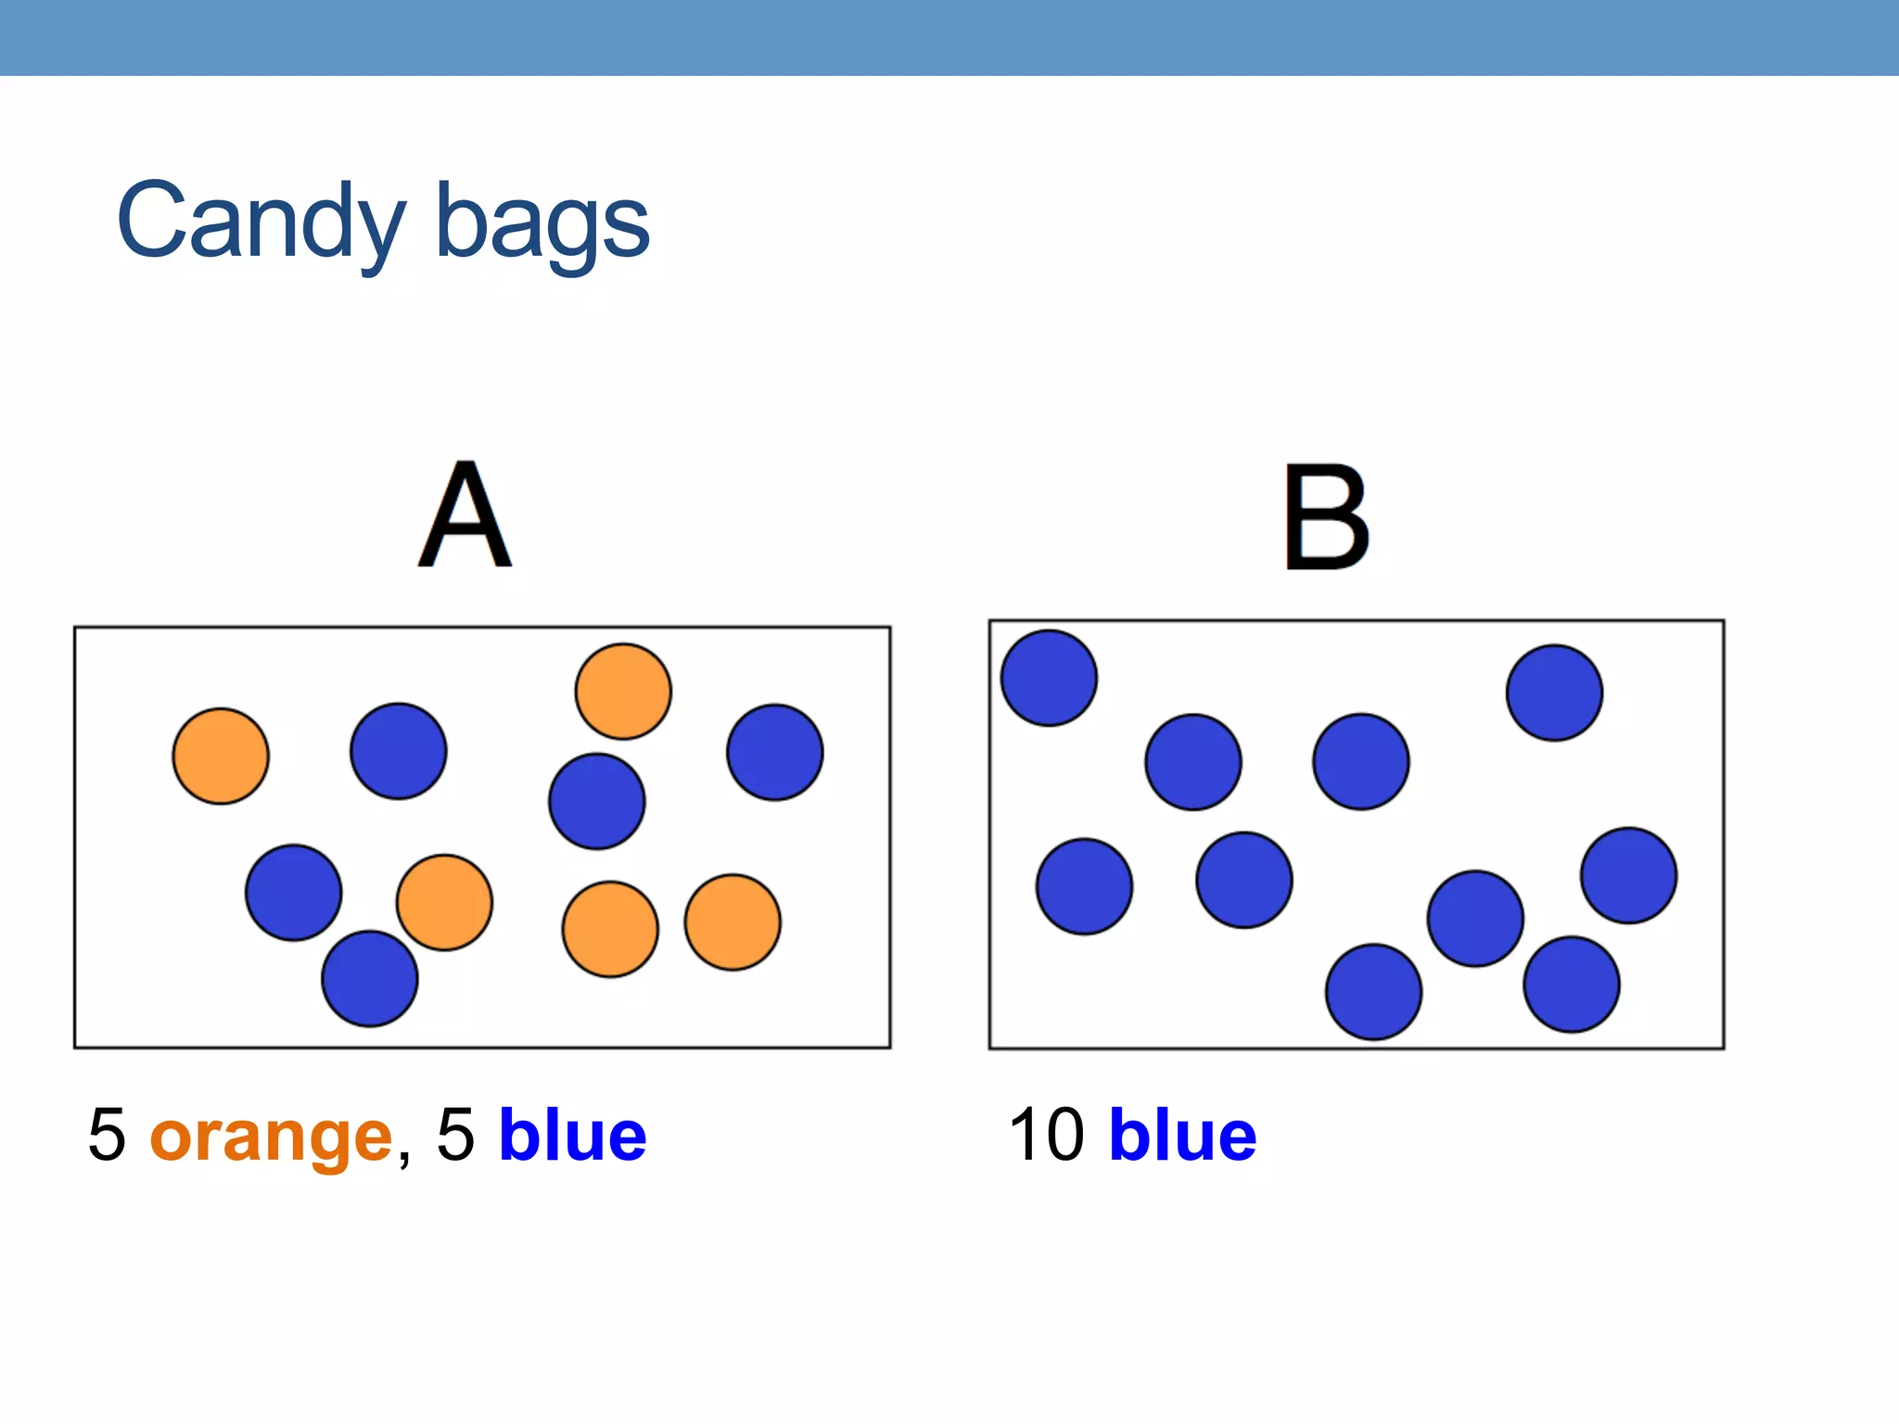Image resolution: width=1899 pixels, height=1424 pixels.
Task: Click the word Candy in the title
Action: point(261,222)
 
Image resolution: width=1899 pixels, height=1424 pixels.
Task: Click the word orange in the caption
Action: point(271,1137)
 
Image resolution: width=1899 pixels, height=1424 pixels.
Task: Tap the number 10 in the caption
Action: point(1046,1135)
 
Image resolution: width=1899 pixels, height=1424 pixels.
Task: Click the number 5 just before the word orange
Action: point(107,1135)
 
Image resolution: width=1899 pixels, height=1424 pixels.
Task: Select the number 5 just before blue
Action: point(455,1135)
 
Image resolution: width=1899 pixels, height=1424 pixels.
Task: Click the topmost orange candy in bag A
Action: point(623,692)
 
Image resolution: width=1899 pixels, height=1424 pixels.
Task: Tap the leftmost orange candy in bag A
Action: point(221,756)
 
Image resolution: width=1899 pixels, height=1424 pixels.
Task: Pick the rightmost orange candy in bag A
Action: point(733,922)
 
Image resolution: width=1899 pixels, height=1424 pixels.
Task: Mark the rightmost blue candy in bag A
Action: point(775,752)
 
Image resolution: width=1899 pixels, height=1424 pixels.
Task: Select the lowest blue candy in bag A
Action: point(370,979)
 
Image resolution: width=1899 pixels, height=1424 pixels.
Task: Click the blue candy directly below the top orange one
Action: point(597,802)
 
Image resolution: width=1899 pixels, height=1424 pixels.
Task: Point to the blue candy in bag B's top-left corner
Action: point(1049,678)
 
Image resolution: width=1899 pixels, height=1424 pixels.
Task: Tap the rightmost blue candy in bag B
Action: point(1629,875)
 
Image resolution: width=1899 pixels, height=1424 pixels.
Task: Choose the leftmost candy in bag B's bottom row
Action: point(1374,992)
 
